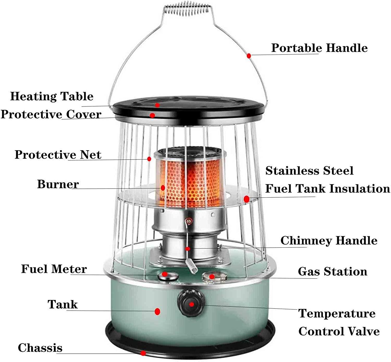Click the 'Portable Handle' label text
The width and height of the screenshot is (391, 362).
pyautogui.click(x=319, y=48)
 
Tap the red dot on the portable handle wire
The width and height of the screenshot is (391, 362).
pyautogui.click(x=249, y=56)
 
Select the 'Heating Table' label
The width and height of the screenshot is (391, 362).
pyautogui.click(x=52, y=96)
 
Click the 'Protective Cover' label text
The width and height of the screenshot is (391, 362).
pyautogui.click(x=51, y=114)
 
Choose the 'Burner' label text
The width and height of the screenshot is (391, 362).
pyautogui.click(x=58, y=184)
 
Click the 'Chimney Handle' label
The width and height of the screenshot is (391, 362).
pyautogui.click(x=329, y=240)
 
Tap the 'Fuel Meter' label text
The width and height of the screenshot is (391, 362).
pyautogui.click(x=54, y=269)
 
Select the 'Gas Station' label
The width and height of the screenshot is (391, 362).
pyautogui.click(x=333, y=271)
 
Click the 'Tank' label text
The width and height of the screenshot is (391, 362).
pyautogui.click(x=63, y=304)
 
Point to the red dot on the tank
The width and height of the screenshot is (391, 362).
pyautogui.click(x=157, y=311)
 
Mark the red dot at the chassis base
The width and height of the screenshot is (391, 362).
pyautogui.click(x=143, y=353)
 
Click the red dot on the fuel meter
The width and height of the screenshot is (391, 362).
pyautogui.click(x=164, y=274)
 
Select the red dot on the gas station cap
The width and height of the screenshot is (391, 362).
pyautogui.click(x=212, y=277)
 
